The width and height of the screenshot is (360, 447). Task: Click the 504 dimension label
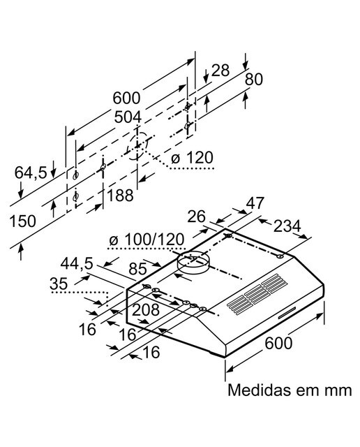coord(128,117)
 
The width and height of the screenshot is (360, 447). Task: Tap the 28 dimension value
coord(220,70)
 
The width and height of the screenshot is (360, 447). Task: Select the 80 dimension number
coord(254,80)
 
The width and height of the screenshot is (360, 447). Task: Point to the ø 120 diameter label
coord(192,158)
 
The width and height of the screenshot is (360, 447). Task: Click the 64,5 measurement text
coord(31,173)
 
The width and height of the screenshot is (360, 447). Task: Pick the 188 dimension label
coord(120,196)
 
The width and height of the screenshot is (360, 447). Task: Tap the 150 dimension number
coord(23,221)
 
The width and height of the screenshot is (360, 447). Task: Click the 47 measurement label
coord(255,203)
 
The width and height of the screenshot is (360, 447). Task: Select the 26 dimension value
coord(196,217)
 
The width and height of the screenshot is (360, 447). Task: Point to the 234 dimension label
coord(287,226)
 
